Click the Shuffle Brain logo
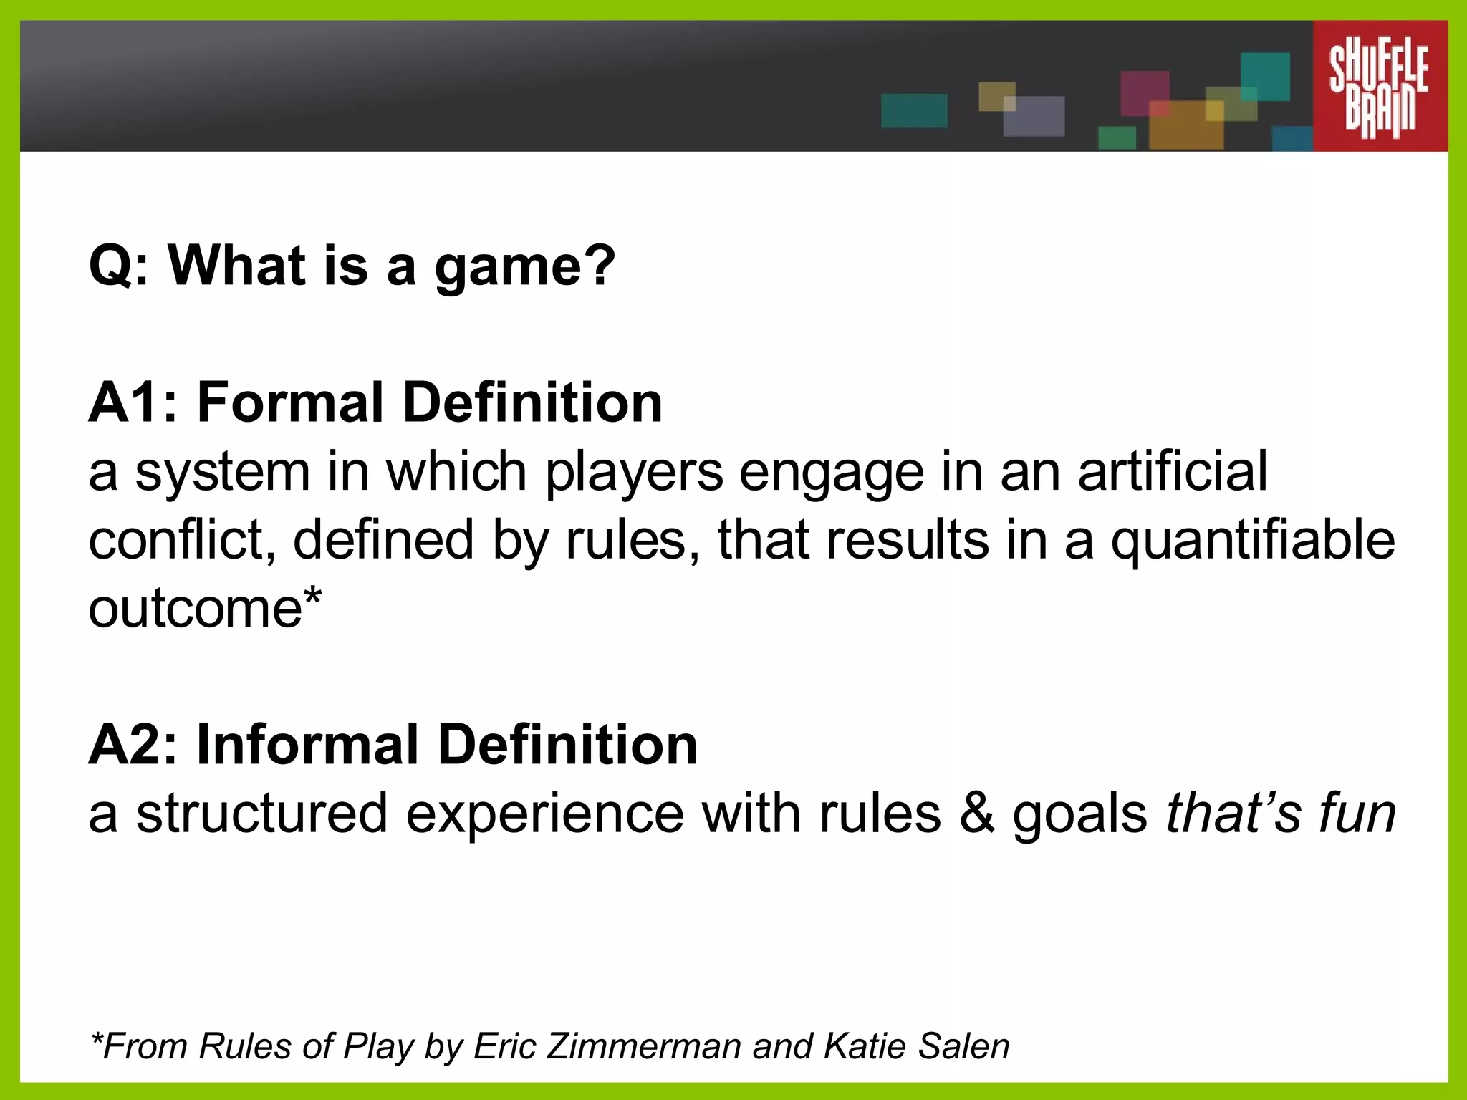click(x=1379, y=86)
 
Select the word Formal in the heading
click(x=290, y=402)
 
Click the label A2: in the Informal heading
click(x=133, y=745)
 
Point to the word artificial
click(x=1172, y=471)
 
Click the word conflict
click(x=182, y=540)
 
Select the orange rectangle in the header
click(x=1185, y=125)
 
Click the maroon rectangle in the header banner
click(x=1144, y=92)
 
